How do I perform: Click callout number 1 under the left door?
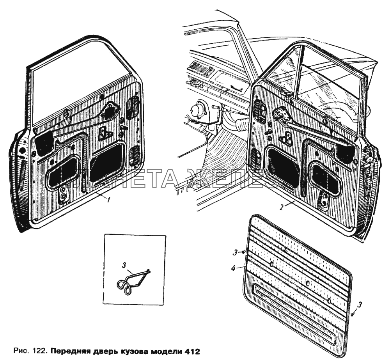point(108,200)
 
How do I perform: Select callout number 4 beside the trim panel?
point(233,268)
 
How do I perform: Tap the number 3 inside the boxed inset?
point(124,266)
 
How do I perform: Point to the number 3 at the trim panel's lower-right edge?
point(360,305)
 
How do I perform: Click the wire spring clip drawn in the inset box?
point(133,282)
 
